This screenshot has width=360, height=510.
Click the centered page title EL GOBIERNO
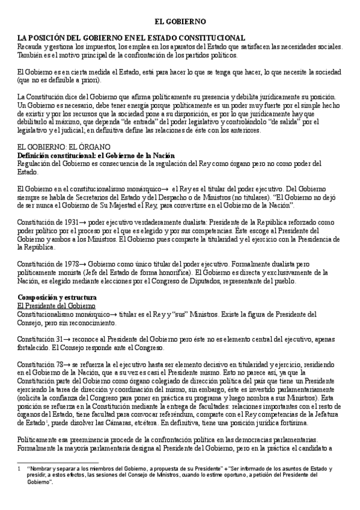180,20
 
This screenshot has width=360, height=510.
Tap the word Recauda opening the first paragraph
30,46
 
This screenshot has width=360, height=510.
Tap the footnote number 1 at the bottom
20,466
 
